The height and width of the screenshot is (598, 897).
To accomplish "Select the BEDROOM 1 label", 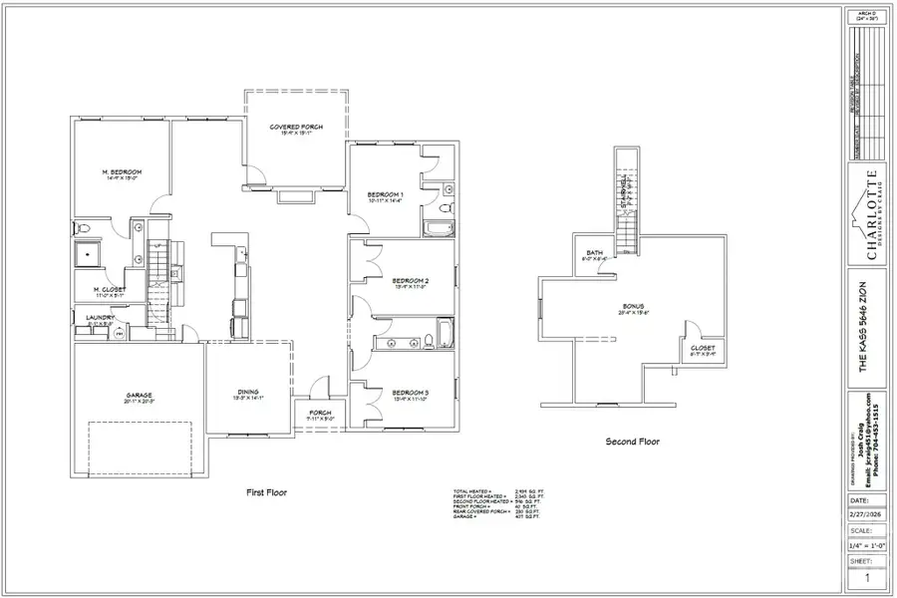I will click(x=385, y=193).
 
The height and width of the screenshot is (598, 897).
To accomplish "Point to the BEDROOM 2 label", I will click(x=410, y=281).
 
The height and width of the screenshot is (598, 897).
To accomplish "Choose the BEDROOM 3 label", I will click(x=410, y=393).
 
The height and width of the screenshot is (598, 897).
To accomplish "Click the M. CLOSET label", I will click(x=110, y=289).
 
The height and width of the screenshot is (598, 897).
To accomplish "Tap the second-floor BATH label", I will click(x=596, y=253).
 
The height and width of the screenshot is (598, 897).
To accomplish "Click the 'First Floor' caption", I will click(x=267, y=492).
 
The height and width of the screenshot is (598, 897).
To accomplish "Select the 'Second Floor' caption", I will click(x=633, y=442).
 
